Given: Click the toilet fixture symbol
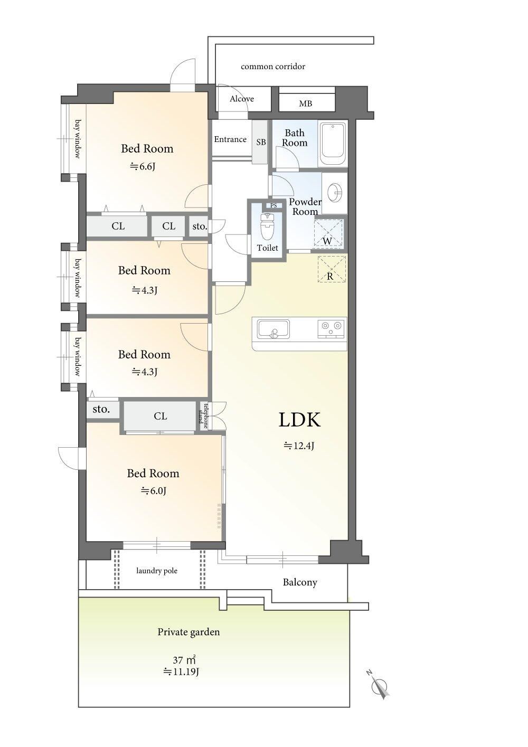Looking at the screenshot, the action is (x=267, y=227).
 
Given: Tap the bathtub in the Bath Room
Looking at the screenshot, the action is (x=333, y=144).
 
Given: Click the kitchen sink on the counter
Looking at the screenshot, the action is (x=273, y=329).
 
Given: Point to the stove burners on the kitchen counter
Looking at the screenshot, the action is (x=331, y=327).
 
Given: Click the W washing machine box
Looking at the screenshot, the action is (x=328, y=234).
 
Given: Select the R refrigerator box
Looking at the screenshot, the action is (x=332, y=269).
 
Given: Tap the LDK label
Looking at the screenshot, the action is (x=299, y=420).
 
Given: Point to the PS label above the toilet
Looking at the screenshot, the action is (x=274, y=205).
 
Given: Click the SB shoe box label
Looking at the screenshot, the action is (x=261, y=142).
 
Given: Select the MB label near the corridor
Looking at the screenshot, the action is (x=306, y=103).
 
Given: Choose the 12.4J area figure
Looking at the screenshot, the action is (x=299, y=446).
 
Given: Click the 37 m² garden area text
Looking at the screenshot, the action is (x=184, y=659).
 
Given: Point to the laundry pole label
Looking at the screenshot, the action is (x=157, y=571).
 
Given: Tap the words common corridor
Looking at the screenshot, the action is (x=273, y=67).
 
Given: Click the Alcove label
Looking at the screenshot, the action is (x=242, y=99).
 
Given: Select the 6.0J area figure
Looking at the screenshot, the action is (x=154, y=490).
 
